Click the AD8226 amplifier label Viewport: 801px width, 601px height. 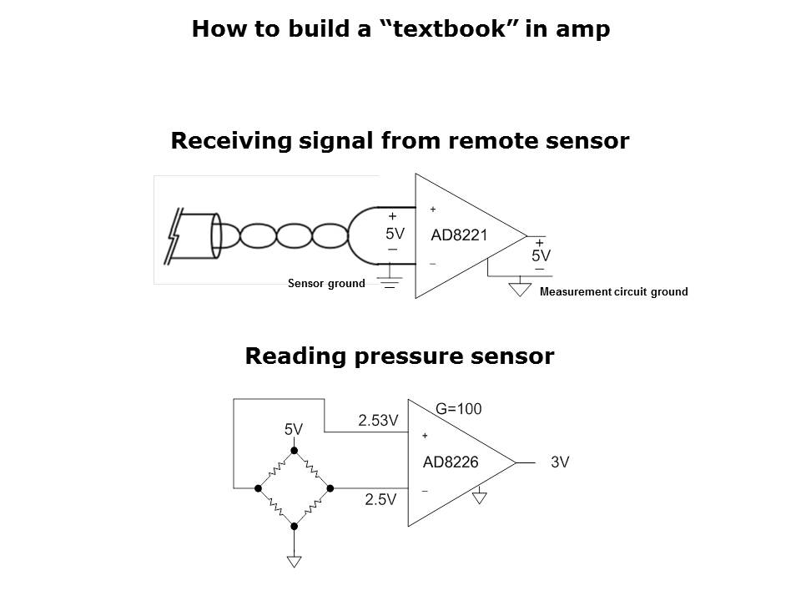(x=451, y=462)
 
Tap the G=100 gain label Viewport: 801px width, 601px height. (x=458, y=410)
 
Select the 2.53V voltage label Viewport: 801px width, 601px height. (x=378, y=421)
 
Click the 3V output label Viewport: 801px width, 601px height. (x=560, y=462)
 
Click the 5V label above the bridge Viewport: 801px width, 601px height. (x=294, y=430)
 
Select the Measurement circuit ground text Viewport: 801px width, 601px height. (x=613, y=292)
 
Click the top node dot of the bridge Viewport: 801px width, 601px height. (x=294, y=451)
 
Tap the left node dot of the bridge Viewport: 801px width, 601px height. (x=258, y=488)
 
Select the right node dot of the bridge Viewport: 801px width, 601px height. (x=330, y=488)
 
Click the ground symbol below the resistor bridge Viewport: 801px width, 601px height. (x=294, y=560)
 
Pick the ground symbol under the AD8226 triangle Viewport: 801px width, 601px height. (x=479, y=497)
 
